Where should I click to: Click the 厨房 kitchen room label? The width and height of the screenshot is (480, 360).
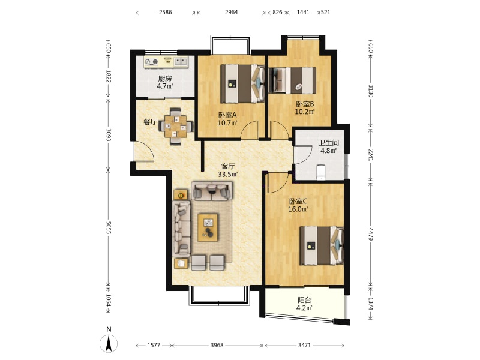pos(164,79)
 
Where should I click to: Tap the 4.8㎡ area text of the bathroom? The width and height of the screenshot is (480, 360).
pos(328,151)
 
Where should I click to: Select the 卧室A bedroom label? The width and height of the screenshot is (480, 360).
pos(227,115)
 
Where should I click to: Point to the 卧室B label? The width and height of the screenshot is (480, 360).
pos(305,104)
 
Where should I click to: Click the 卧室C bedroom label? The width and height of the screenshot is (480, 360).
pos(298,202)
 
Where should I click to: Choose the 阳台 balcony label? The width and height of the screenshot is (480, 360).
pos(304,301)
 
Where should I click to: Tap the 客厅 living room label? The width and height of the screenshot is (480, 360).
pos(228,167)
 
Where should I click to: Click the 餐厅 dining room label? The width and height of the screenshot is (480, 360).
pos(151,122)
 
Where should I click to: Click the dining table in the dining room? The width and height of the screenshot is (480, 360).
pos(176,126)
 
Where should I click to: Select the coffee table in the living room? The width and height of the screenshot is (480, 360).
pos(208,227)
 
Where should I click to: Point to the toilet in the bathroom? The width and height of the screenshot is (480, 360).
pos(321,172)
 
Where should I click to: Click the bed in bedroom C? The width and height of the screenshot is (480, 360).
pos(322,245)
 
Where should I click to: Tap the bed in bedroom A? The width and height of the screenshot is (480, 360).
pos(242,83)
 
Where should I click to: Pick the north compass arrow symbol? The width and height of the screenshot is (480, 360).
pos(109,343)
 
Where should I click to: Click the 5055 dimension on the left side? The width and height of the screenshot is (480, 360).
pos(108,228)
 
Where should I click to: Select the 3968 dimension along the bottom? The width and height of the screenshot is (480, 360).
pos(217,346)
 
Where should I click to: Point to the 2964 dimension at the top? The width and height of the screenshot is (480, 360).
pos(231,13)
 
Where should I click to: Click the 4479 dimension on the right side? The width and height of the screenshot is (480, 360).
pos(370,234)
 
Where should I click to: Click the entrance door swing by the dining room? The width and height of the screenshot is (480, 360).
pos(144,151)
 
